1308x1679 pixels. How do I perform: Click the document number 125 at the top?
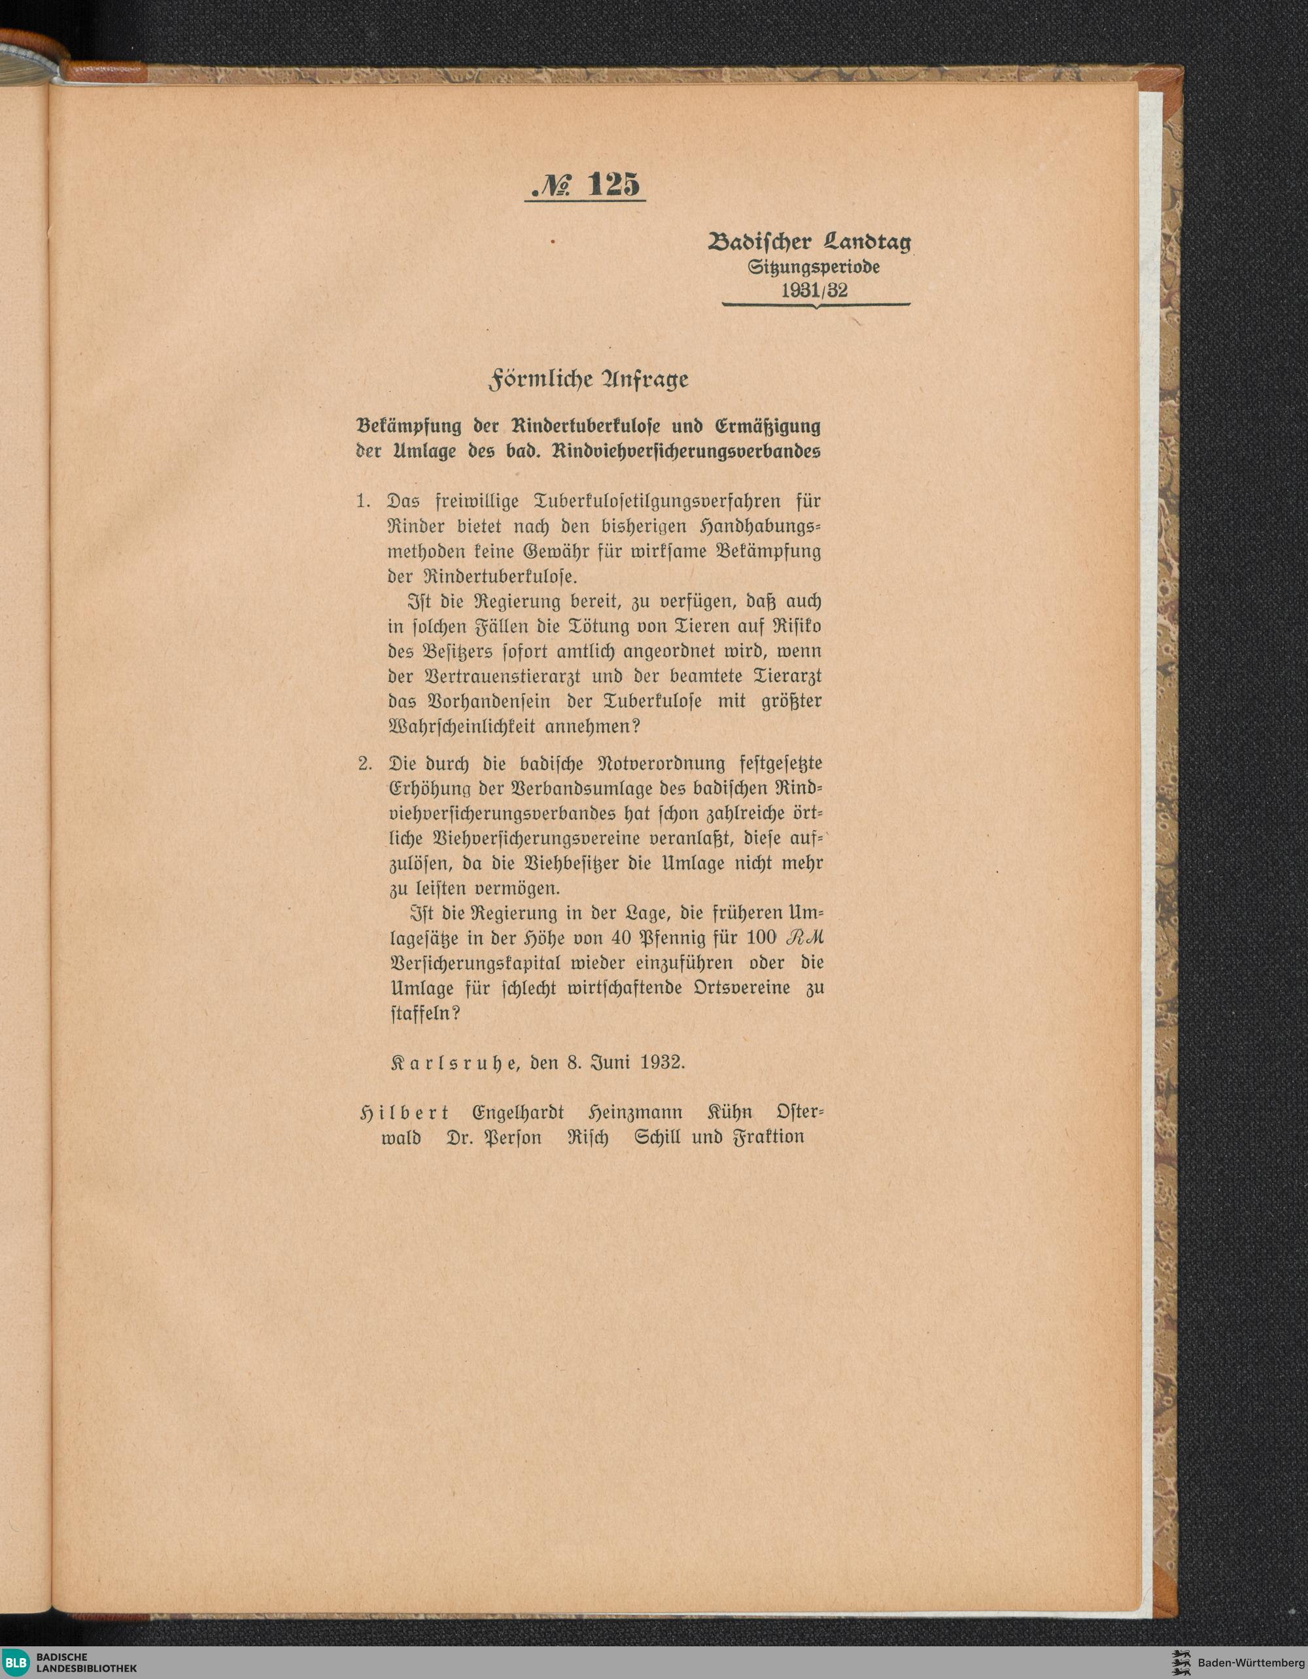(613, 185)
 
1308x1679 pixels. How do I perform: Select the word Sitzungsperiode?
(814, 267)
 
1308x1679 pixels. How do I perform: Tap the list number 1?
(363, 502)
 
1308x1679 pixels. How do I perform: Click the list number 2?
(364, 764)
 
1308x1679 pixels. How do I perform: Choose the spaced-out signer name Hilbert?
(404, 1113)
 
